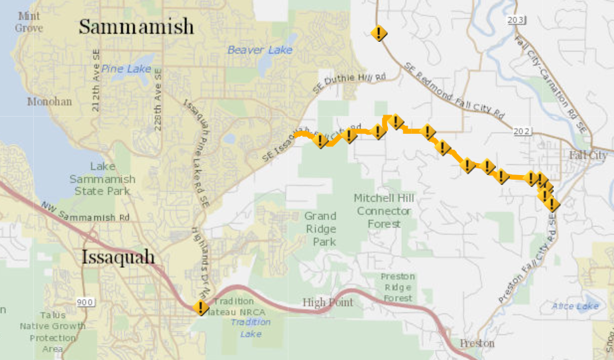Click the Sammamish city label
(x=137, y=27)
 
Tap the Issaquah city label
(x=118, y=257)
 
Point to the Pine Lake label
(x=127, y=69)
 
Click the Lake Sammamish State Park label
(x=102, y=179)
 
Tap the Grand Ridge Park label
(x=320, y=229)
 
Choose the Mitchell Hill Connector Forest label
(x=383, y=211)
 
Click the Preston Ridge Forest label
(x=397, y=287)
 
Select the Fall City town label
(x=587, y=154)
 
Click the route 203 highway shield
(x=515, y=20)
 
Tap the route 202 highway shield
(x=522, y=131)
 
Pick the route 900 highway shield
(x=85, y=303)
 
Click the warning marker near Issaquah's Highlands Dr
(x=200, y=307)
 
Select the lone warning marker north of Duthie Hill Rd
(x=379, y=33)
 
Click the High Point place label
(x=328, y=303)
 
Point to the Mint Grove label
(x=29, y=22)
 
